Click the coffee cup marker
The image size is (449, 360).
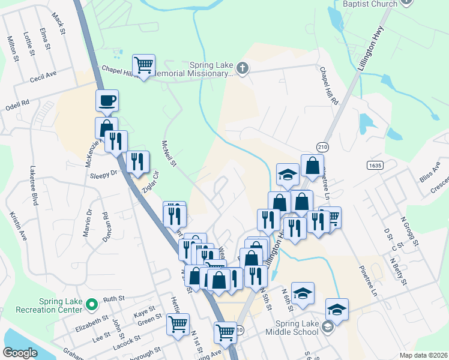click(107, 101)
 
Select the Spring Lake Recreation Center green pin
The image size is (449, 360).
click(91, 305)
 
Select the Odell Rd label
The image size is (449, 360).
click(17, 103)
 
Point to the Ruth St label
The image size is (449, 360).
click(113, 298)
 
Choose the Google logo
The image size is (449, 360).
click(20, 353)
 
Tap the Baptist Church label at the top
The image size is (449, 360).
click(370, 4)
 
